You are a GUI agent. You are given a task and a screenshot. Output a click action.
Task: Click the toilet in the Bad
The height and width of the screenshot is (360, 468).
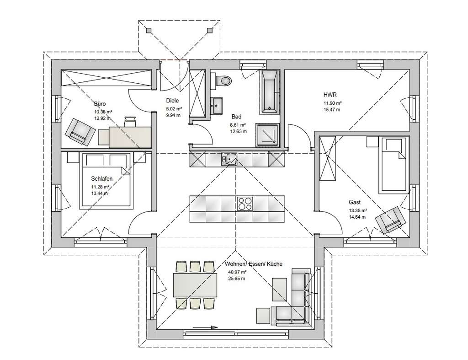tap(224, 81)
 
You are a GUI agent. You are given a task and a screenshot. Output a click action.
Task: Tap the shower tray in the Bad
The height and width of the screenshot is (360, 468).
tap(267, 135)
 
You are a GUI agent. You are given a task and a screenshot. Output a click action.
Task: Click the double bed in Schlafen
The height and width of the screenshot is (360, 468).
tap(107, 181)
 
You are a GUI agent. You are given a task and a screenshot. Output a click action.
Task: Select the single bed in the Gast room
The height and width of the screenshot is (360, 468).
tap(394, 165)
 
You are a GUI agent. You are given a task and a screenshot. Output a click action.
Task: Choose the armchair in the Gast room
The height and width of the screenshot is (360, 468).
tap(389, 219)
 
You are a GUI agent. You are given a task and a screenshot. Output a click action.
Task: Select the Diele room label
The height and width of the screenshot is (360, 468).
tap(172, 101)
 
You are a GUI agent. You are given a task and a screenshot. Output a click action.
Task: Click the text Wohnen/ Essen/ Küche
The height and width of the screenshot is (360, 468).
tap(254, 264)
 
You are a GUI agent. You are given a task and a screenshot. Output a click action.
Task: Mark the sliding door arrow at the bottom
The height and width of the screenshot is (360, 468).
tap(204, 327)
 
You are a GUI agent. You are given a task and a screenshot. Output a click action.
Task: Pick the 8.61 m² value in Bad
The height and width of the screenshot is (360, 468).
tap(238, 125)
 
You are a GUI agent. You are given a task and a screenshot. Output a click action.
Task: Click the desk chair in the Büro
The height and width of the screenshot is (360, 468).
tap(130, 121)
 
